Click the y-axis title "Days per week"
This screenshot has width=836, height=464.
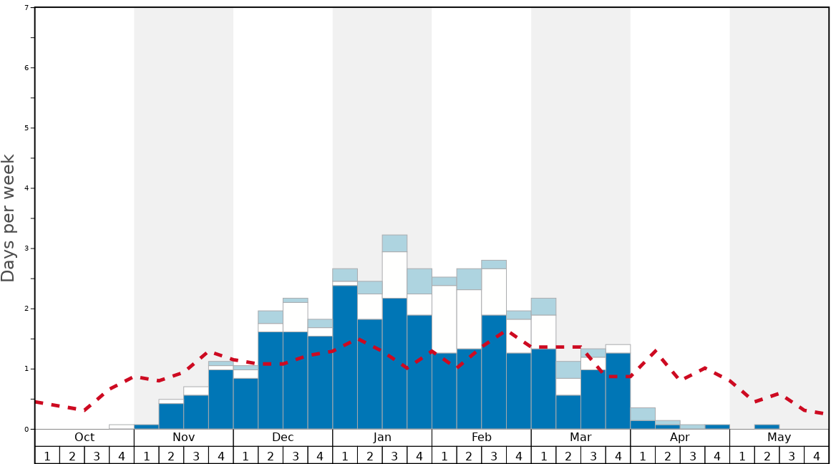pyautogui.click(x=9, y=218)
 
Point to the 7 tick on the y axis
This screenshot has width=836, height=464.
pyautogui.click(x=27, y=8)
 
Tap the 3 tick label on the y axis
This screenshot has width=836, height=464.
pyautogui.click(x=27, y=248)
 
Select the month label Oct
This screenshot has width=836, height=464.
pyautogui.click(x=84, y=438)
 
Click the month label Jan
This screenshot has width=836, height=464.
pyautogui.click(x=382, y=438)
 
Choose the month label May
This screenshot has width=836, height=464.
pyautogui.click(x=779, y=438)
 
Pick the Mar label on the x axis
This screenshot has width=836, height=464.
pyautogui.click(x=580, y=438)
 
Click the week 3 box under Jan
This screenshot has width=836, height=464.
pyautogui.click(x=394, y=455)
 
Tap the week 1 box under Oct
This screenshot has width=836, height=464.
pyautogui.click(x=47, y=455)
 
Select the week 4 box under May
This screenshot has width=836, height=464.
pyautogui.click(x=817, y=455)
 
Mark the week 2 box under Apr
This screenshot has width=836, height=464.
pyautogui.click(x=668, y=455)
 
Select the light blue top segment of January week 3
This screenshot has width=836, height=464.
pyautogui.click(x=394, y=243)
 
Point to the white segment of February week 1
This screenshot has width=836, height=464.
pyautogui.click(x=444, y=319)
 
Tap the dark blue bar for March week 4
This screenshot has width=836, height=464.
pyautogui.click(x=618, y=390)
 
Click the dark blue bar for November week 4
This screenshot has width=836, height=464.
pyautogui.click(x=220, y=399)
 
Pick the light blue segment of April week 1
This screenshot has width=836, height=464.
pyautogui.click(x=643, y=414)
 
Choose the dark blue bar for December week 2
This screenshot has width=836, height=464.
pyautogui.click(x=271, y=380)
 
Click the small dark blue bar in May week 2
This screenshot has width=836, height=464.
pyautogui.click(x=767, y=427)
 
